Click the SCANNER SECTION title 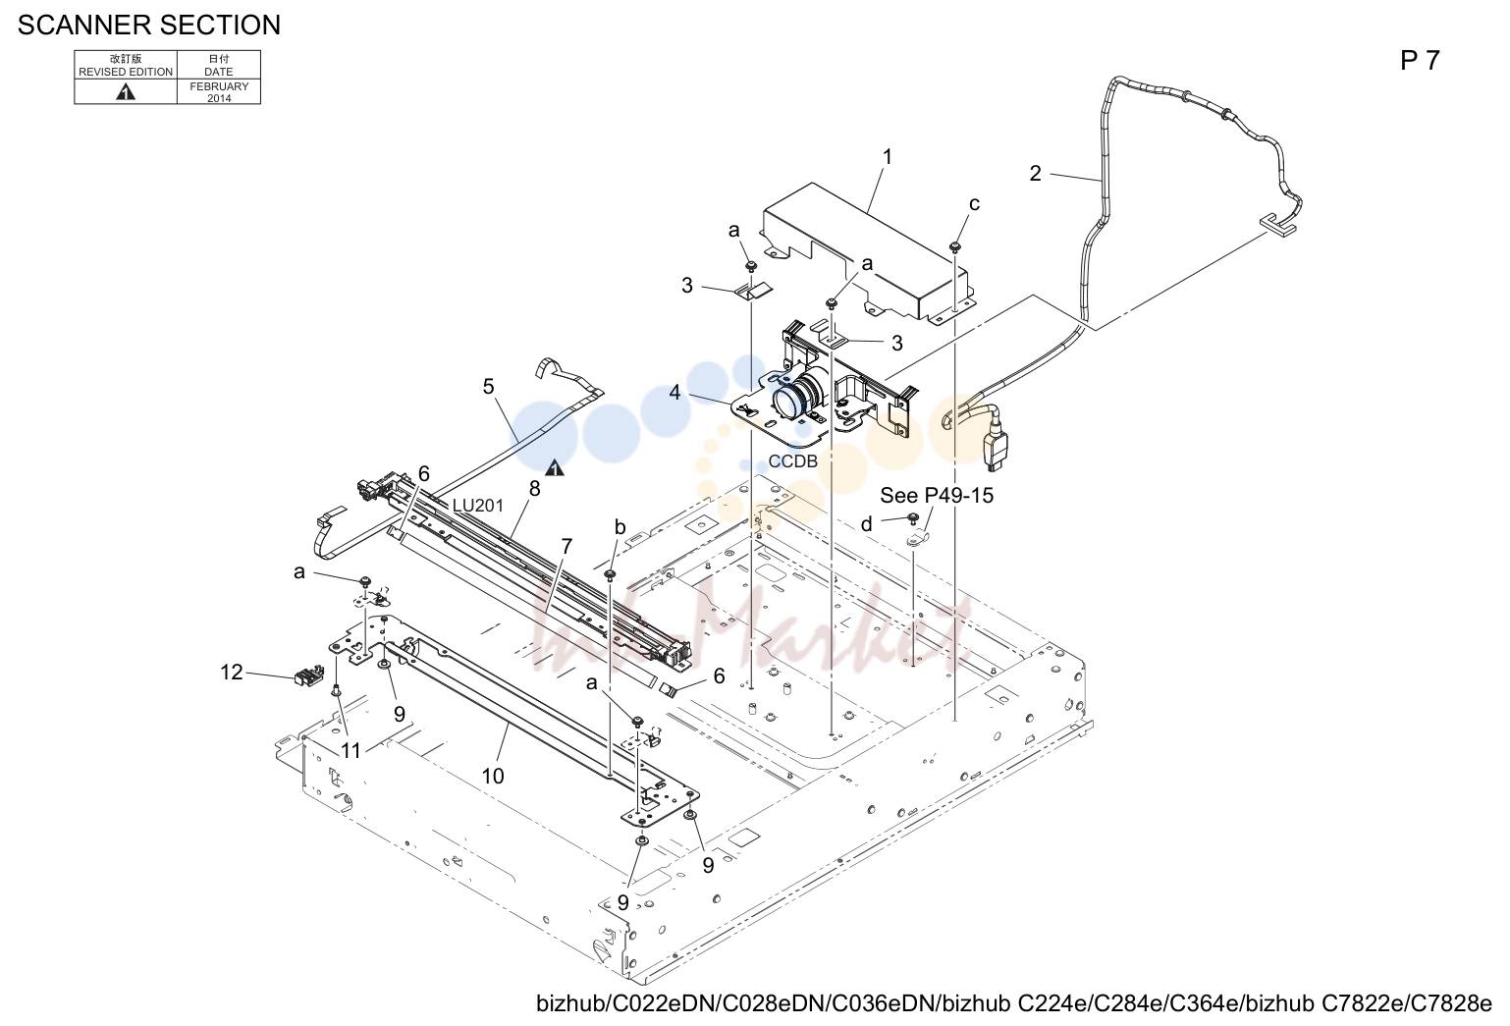coord(149,26)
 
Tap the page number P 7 coord(1420,61)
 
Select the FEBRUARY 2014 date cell coord(219,92)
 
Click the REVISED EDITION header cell coord(126,66)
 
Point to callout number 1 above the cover coord(888,157)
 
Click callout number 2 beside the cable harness coord(1036,174)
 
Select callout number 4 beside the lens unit coord(674,393)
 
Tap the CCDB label coord(792,461)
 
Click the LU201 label coord(478,506)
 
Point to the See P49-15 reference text coord(937,496)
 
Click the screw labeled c coord(954,247)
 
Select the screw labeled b coord(610,575)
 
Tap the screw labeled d coord(913,517)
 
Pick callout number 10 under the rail coord(493,776)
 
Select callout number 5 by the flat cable coord(489,386)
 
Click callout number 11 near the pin coord(351,750)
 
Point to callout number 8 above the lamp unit coord(534,489)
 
